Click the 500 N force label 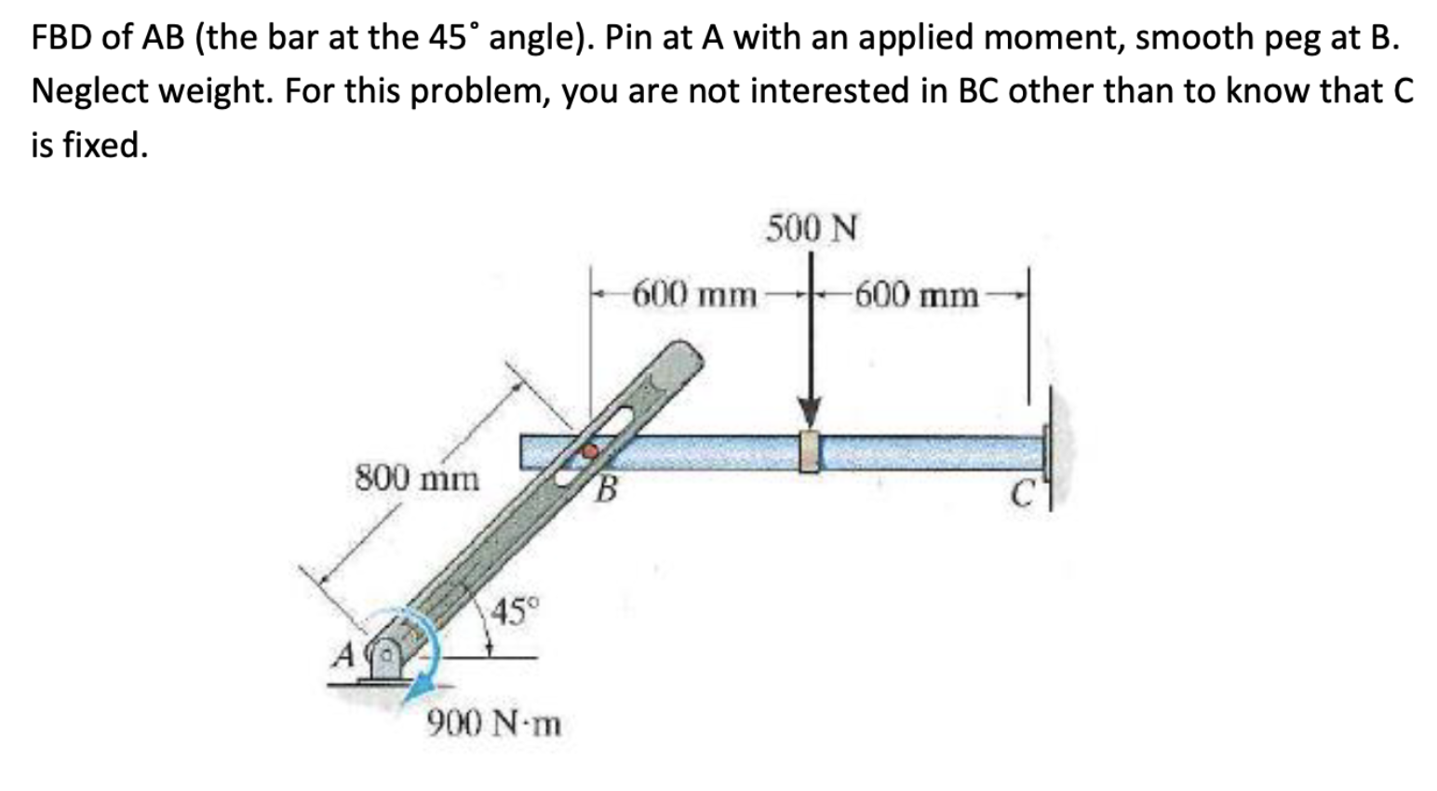(813, 228)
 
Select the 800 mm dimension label (418, 479)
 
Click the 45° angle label (516, 611)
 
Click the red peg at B (589, 451)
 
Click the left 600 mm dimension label (694, 296)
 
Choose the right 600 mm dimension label (917, 296)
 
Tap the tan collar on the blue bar (811, 451)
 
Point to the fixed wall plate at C (1050, 451)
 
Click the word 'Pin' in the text (634, 37)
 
